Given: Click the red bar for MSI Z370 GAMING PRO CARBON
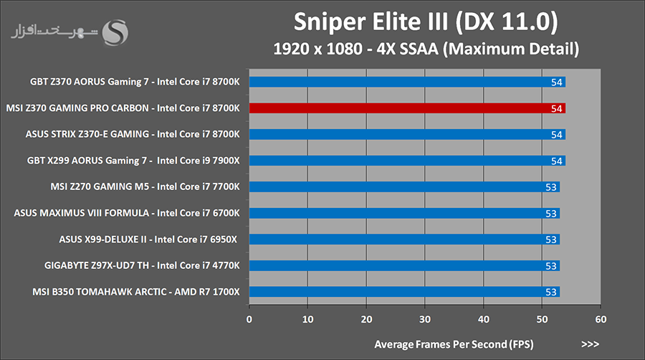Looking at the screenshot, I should pos(407,108).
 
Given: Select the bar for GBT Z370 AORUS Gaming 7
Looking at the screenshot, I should pos(407,82).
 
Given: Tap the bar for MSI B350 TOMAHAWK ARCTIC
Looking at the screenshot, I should pos(404,292).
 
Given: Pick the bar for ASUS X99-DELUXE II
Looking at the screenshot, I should pos(404,240).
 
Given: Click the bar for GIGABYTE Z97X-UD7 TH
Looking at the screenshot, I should pos(404,266).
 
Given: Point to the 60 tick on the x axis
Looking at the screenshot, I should pos(601,319).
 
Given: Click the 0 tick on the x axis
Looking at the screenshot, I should pos(249,319).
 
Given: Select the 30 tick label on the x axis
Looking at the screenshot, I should pos(425,319).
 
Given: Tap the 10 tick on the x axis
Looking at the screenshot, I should pos(308,319).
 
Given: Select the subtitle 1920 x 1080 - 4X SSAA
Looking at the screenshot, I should pos(426,50).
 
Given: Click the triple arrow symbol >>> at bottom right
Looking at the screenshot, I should pos(590,344).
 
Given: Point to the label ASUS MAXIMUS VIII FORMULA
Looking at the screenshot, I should pos(127,213).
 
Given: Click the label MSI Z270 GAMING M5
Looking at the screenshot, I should pos(145,187).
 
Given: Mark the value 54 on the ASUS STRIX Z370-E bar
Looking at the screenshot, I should pos(557,135).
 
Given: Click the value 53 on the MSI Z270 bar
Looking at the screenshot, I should pos(551,187).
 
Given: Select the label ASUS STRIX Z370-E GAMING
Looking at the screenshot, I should pos(133,134).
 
